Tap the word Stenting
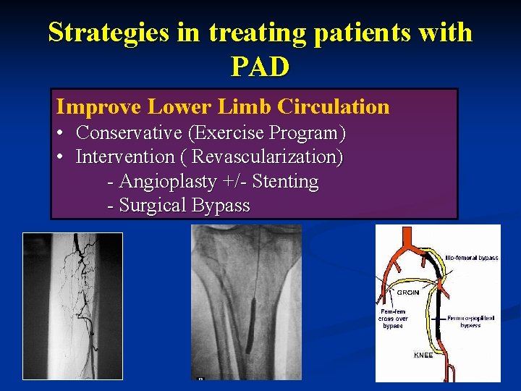click(286, 181)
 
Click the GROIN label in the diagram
click(407, 293)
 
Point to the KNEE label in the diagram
click(423, 356)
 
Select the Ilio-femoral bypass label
click(471, 257)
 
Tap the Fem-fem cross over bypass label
click(394, 319)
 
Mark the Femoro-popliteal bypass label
click(470, 321)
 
